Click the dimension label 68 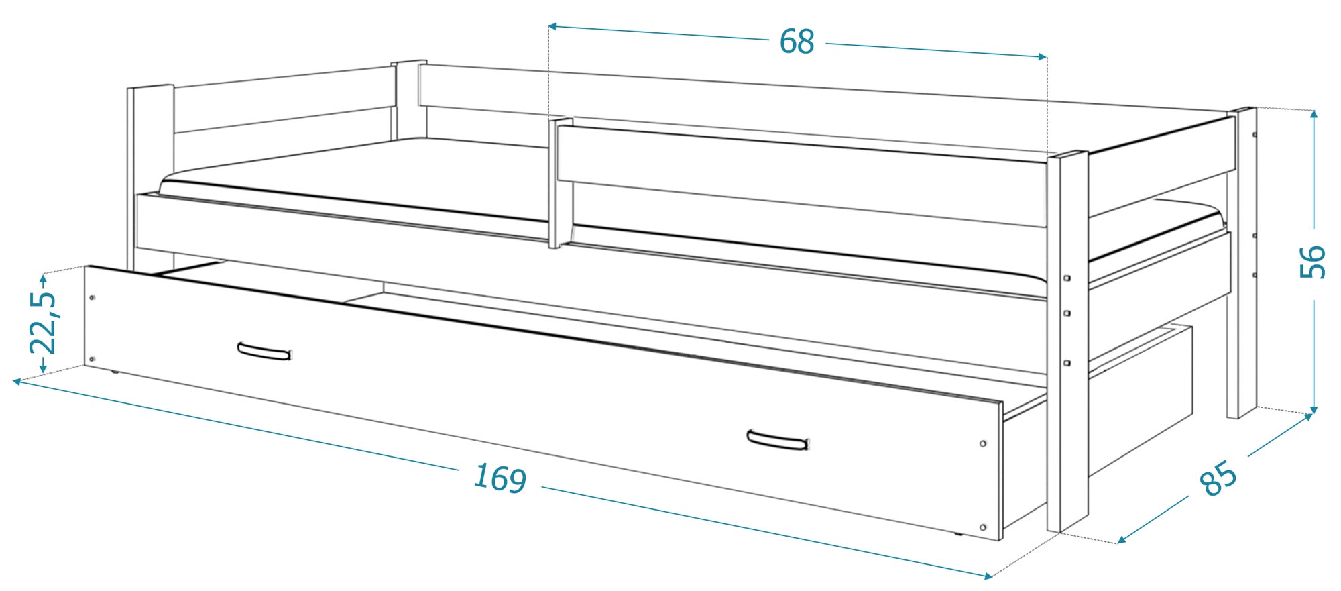(797, 42)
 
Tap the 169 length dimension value (500, 478)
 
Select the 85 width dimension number (1218, 478)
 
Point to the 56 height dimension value (1313, 262)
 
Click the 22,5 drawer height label (44, 323)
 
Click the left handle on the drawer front (265, 351)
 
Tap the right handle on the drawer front (777, 440)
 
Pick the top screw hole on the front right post (1067, 278)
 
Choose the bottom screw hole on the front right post (1067, 363)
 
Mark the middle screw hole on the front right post (1067, 313)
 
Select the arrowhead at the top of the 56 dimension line (1314, 115)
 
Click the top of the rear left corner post (409, 63)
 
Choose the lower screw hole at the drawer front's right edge (983, 527)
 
